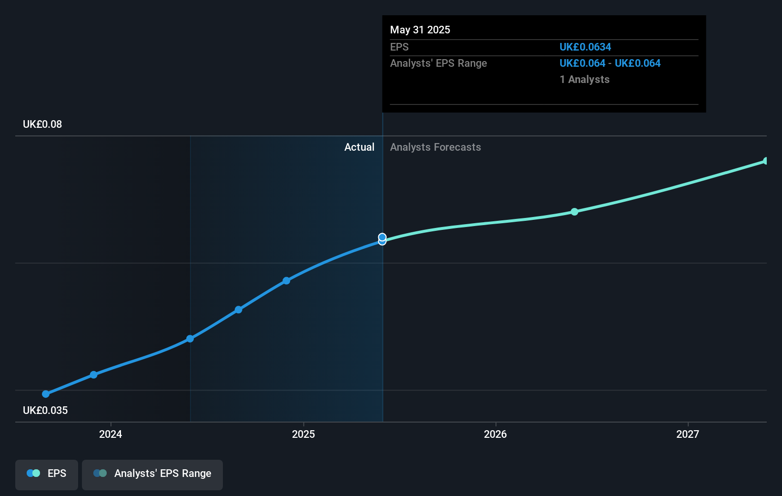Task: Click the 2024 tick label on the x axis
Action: click(x=110, y=434)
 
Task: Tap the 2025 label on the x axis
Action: click(x=303, y=434)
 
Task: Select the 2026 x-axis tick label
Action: click(x=495, y=434)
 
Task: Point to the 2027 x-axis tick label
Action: click(x=688, y=434)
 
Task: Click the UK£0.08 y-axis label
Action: click(x=42, y=124)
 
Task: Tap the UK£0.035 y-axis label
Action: click(x=45, y=411)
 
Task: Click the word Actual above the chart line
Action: click(x=359, y=147)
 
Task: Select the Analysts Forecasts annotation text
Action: click(x=435, y=147)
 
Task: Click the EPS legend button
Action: click(x=47, y=474)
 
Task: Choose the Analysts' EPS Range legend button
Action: click(x=152, y=474)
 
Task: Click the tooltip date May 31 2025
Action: click(x=420, y=30)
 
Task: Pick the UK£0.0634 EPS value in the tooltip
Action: click(x=585, y=47)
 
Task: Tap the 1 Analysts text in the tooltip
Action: click(x=584, y=80)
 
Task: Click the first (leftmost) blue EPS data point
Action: click(x=46, y=394)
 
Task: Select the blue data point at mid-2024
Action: click(x=190, y=339)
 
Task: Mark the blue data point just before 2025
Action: click(x=286, y=280)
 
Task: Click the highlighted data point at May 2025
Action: click(x=382, y=238)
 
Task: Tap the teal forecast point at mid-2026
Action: click(x=574, y=212)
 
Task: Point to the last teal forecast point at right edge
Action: click(x=765, y=161)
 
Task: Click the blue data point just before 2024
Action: click(x=94, y=375)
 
